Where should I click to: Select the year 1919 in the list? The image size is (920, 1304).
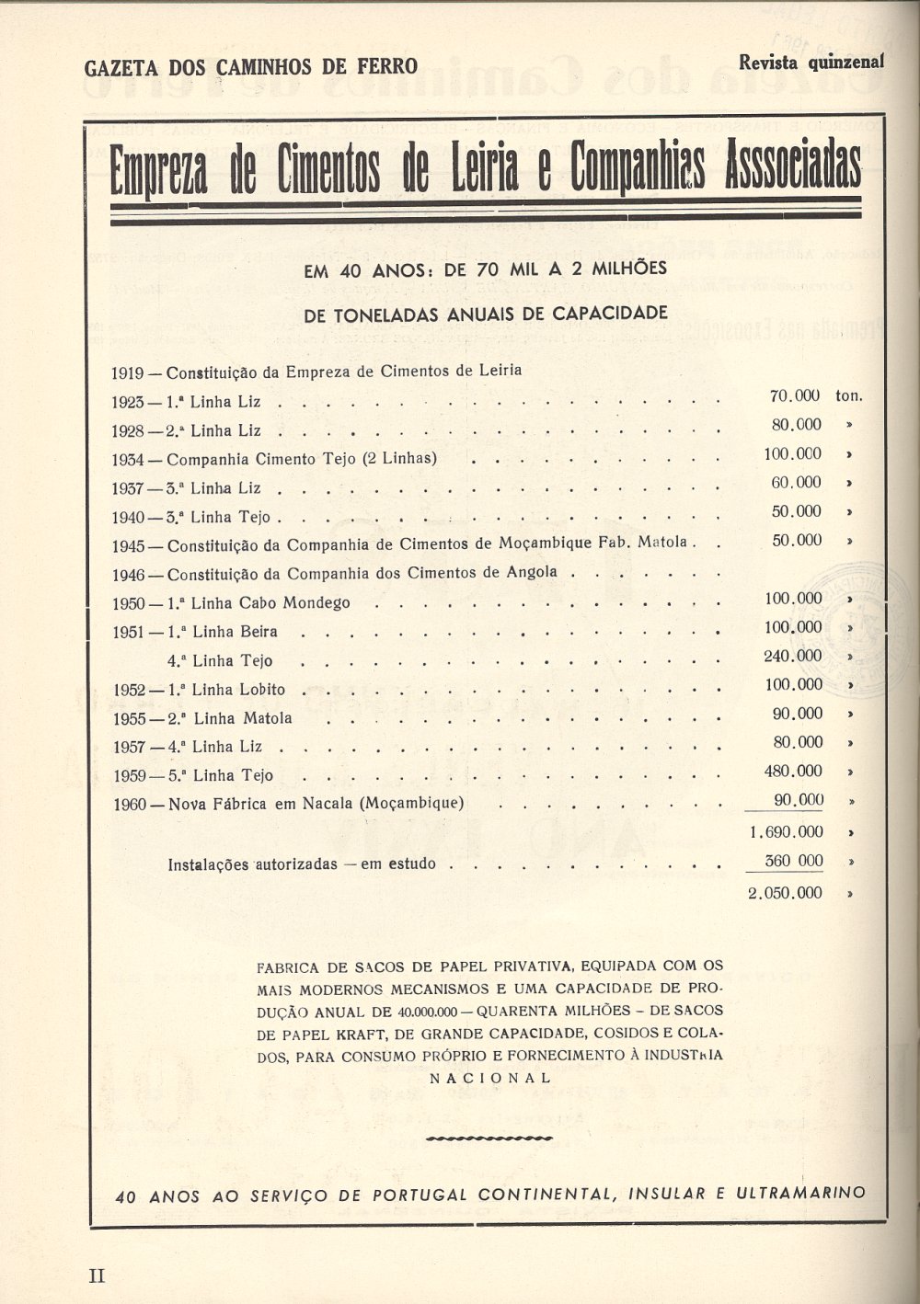127,372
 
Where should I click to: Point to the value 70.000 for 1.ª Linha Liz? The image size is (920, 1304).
795,396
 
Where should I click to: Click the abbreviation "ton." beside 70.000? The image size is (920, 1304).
849,396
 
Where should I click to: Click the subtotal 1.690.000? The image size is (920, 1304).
787,832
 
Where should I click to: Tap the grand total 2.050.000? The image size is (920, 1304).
787,893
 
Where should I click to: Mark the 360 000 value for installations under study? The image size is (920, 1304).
794,862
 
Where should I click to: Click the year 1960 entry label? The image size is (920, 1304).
130,804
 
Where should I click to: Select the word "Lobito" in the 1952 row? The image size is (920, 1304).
262,690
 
